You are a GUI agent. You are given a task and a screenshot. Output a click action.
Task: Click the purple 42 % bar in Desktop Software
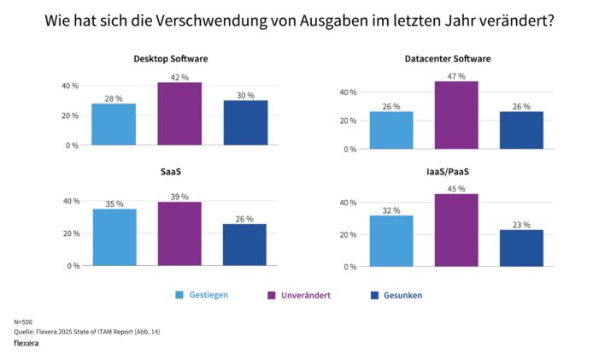pyautogui.click(x=179, y=114)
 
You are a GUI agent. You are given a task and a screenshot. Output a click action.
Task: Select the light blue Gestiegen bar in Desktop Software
pyautogui.click(x=115, y=124)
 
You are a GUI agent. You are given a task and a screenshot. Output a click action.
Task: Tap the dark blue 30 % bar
pyautogui.click(x=245, y=122)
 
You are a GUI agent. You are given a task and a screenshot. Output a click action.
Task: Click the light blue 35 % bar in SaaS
pyautogui.click(x=115, y=237)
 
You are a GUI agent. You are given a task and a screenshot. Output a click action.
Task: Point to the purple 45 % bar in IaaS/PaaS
pyautogui.click(x=455, y=230)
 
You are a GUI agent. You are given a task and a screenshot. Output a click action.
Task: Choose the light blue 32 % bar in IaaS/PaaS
pyautogui.click(x=391, y=240)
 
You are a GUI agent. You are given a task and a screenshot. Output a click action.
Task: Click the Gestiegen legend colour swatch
pyautogui.click(x=179, y=295)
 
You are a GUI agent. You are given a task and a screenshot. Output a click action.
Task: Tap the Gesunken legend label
pyautogui.click(x=402, y=295)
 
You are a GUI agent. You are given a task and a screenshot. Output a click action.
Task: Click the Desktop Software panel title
pyautogui.click(x=170, y=59)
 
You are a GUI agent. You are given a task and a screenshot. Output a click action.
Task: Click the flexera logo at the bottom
pyautogui.click(x=30, y=343)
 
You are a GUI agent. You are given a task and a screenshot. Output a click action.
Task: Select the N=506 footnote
pyautogui.click(x=24, y=322)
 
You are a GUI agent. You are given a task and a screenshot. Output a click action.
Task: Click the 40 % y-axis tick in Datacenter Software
pyautogui.click(x=347, y=92)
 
